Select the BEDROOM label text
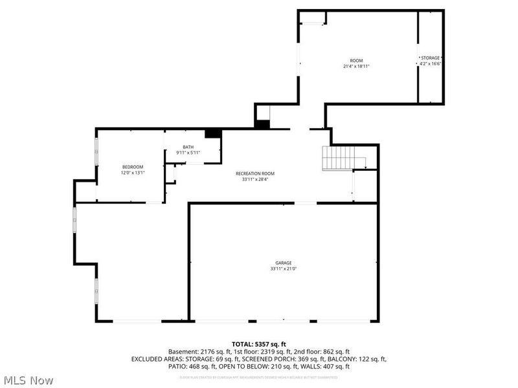pos(133,167)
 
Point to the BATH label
pos(188,147)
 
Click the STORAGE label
pos(431,58)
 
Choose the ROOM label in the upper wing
pos(356,60)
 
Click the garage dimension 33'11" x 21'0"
pos(283,268)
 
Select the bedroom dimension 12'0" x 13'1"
pos(133,173)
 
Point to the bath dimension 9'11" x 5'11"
pos(188,153)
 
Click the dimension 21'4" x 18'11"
pos(356,66)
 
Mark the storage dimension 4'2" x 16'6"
pos(431,64)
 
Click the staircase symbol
pos(339,157)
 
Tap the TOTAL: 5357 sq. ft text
pos(258,343)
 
